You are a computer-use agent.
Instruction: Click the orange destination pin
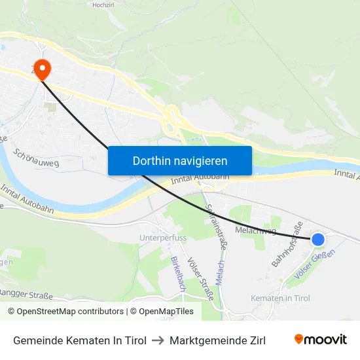(x=42, y=69)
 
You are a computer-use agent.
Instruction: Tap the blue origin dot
(x=318, y=240)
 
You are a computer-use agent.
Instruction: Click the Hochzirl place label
(x=104, y=5)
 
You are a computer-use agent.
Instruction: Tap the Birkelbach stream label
(x=175, y=274)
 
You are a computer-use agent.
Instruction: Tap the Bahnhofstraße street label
(x=287, y=245)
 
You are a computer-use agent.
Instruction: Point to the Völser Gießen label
(x=315, y=264)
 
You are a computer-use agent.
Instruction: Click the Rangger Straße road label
(x=26, y=293)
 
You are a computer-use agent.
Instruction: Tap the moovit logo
(x=321, y=339)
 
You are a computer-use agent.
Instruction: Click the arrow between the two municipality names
(x=158, y=340)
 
